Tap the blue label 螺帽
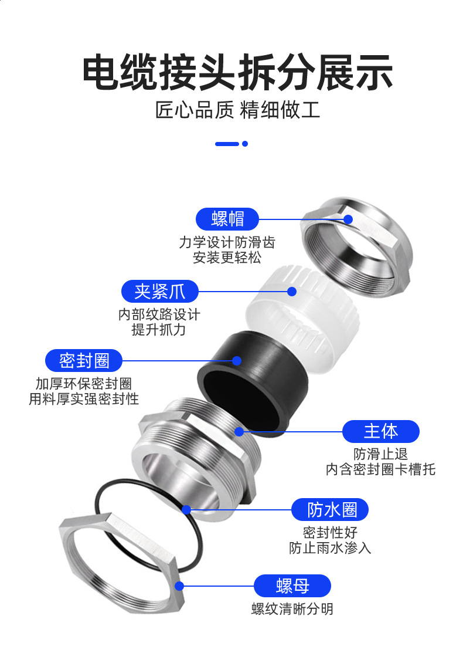tap(227, 219)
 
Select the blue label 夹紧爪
tap(159, 291)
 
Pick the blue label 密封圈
tap(84, 360)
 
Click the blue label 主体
tap(380, 431)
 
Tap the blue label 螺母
tap(292, 586)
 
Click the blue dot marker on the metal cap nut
tap(348, 219)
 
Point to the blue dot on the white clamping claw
tap(291, 292)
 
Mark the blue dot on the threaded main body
tap(239, 432)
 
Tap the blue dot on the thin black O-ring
tap(186, 509)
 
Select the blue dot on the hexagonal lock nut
tap(179, 586)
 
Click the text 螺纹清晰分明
tap(292, 609)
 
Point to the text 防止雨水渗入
tap(330, 548)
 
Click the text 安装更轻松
tap(227, 258)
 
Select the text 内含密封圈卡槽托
tap(380, 469)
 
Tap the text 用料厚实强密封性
tap(84, 399)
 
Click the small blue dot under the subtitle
tap(245, 144)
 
